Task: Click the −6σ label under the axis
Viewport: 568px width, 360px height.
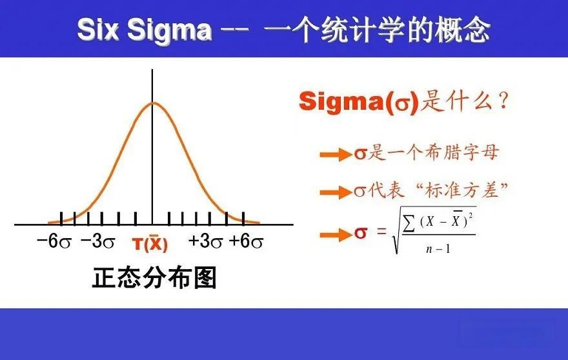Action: click(x=54, y=241)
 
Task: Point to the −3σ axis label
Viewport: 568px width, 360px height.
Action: click(x=98, y=241)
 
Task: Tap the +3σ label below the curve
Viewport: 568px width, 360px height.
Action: click(x=205, y=241)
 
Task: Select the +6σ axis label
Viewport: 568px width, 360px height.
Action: click(x=246, y=241)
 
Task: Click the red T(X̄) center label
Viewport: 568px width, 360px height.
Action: click(x=150, y=244)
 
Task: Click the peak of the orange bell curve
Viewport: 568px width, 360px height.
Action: click(x=152, y=103)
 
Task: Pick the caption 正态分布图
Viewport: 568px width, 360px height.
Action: click(x=154, y=278)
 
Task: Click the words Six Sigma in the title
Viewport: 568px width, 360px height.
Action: click(x=145, y=30)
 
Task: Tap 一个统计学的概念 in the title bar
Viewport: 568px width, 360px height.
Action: click(x=377, y=30)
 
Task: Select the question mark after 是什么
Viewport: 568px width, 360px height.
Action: click(x=504, y=101)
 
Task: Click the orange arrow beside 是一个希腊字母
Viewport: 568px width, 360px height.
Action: click(x=336, y=155)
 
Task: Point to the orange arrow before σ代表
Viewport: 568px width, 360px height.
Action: click(x=336, y=192)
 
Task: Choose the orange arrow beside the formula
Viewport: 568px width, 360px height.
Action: click(x=336, y=235)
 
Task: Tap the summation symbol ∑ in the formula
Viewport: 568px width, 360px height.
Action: click(x=409, y=223)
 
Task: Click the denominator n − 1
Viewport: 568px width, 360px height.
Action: click(x=438, y=249)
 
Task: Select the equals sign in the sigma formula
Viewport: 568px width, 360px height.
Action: click(x=381, y=231)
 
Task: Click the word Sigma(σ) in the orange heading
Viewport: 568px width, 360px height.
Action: click(x=359, y=101)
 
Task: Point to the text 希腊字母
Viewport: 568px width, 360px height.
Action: click(x=462, y=152)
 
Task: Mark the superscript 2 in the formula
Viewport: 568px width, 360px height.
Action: click(x=471, y=216)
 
